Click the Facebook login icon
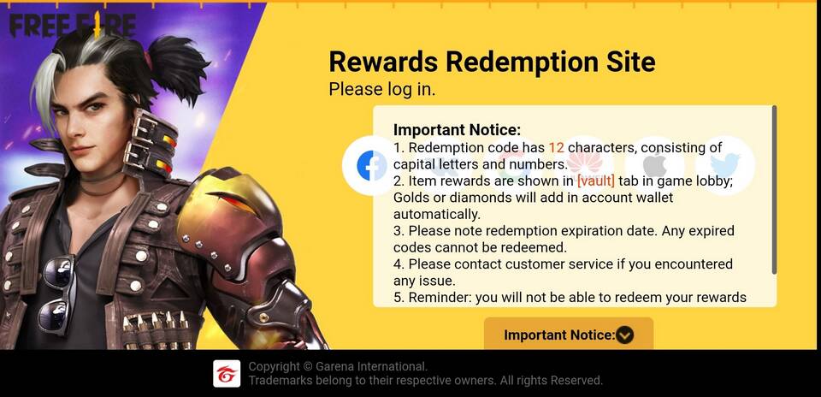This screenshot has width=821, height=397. (x=372, y=165)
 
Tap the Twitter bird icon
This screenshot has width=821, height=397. (x=724, y=165)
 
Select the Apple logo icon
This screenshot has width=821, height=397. (x=654, y=165)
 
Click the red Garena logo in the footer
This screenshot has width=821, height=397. (x=227, y=373)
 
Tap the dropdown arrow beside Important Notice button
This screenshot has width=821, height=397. (x=624, y=335)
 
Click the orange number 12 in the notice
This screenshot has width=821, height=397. (x=556, y=148)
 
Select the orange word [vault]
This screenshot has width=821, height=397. (x=596, y=181)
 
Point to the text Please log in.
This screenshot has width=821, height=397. (x=382, y=90)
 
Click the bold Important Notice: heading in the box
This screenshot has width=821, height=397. (x=457, y=129)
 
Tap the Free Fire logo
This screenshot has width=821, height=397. (x=72, y=25)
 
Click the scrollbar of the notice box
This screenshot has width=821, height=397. (x=774, y=190)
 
